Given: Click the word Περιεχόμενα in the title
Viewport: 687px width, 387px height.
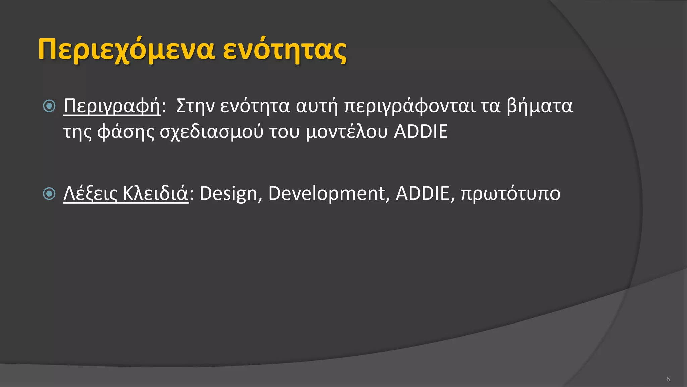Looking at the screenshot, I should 126,50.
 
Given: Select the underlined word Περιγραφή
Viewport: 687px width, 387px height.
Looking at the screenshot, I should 112,106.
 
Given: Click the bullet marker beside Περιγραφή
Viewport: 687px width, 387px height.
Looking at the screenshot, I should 49,106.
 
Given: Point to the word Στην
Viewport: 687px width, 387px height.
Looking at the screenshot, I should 195,106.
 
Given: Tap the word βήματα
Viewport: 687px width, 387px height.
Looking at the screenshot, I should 539,106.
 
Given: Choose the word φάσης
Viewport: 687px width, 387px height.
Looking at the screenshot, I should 126,132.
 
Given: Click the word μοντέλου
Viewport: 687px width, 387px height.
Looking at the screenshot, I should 347,132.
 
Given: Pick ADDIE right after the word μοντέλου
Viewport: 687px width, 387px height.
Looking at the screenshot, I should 421,132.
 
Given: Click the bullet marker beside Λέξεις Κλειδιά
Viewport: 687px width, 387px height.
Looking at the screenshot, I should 49,193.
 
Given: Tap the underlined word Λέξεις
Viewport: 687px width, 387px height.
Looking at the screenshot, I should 90,194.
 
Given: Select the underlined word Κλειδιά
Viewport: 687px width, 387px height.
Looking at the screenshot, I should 155,194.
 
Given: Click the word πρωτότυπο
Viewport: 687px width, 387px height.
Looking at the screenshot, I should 510,194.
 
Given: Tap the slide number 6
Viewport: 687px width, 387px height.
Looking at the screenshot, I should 668,379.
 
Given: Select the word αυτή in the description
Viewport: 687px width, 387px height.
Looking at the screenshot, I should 317,106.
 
